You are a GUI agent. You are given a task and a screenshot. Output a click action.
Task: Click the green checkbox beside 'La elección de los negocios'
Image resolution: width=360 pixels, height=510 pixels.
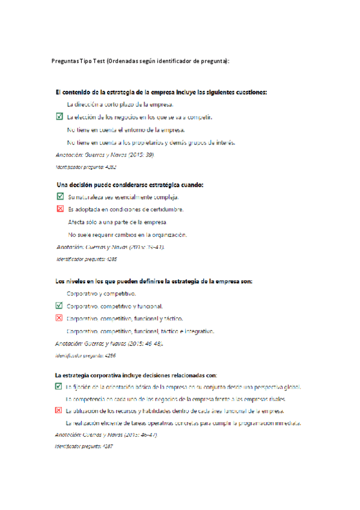click(58, 117)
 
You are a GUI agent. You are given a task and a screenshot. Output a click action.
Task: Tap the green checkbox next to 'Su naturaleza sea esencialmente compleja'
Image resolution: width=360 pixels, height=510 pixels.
click(59, 197)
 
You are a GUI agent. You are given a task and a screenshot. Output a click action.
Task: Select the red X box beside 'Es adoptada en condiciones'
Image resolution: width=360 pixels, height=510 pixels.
click(59, 209)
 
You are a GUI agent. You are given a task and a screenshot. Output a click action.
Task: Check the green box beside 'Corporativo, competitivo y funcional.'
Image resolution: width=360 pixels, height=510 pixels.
click(58, 306)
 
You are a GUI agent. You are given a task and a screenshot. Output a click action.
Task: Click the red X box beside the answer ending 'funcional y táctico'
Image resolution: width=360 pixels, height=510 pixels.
click(58, 318)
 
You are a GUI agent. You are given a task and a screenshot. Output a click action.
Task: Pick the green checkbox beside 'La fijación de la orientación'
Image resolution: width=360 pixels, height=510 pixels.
click(58, 387)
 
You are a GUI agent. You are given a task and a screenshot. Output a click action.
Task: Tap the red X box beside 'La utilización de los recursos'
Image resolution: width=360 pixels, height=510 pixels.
click(58, 411)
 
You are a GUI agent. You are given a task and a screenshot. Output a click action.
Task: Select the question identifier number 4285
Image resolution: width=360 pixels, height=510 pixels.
click(111, 259)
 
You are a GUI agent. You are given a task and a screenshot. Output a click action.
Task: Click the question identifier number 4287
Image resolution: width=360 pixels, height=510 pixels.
click(108, 447)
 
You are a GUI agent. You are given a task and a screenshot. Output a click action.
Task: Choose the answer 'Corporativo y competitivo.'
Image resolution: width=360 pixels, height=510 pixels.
click(101, 293)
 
